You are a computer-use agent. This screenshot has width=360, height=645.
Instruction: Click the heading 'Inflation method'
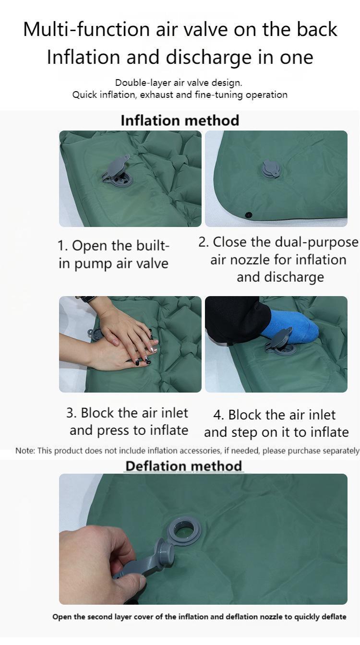(x=180, y=120)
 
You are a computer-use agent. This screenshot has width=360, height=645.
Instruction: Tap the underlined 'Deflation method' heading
(x=184, y=466)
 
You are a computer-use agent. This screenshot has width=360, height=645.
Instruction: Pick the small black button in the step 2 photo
(x=248, y=215)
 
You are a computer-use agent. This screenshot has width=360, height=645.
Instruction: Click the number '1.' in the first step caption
(x=63, y=246)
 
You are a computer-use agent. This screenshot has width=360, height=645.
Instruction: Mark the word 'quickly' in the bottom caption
(x=305, y=617)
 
